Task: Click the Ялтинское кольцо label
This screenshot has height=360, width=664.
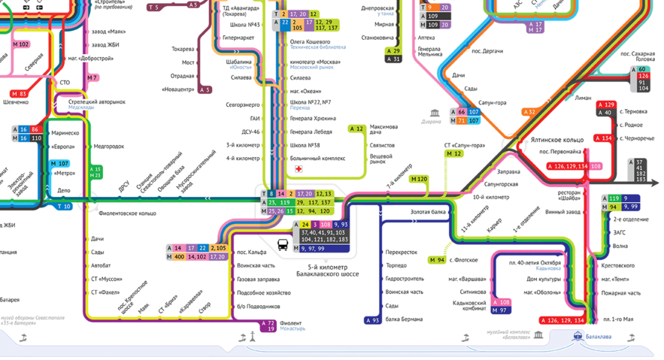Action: point(556,140)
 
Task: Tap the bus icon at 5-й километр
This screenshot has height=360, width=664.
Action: point(283,245)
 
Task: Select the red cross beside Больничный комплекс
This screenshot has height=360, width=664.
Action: point(299,169)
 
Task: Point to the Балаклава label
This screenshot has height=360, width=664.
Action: point(599,337)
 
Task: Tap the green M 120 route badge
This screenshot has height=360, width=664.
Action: point(419,180)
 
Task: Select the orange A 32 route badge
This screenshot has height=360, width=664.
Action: point(530,112)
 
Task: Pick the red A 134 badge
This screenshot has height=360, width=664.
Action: point(604,138)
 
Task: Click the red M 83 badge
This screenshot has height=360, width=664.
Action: point(19,94)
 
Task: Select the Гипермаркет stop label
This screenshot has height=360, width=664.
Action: point(238,38)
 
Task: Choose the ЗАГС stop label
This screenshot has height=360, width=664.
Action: point(619,233)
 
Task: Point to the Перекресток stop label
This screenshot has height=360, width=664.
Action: point(402,253)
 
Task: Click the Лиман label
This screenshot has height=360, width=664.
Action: point(583,98)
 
